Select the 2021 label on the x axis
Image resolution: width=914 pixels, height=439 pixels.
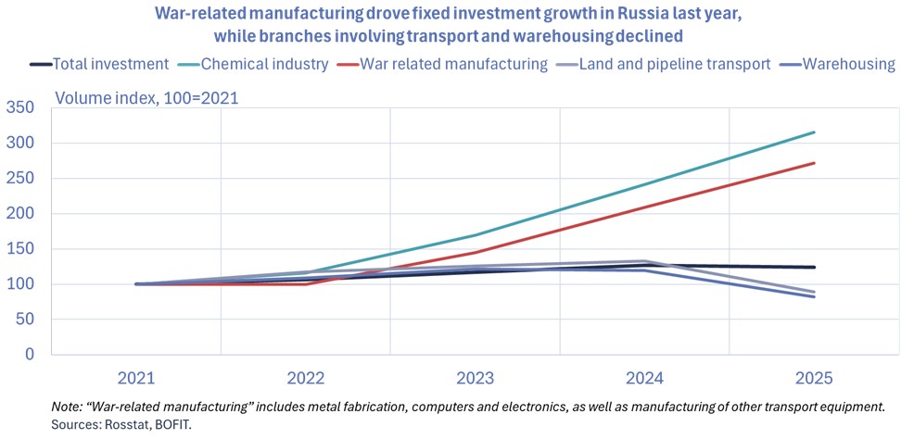(136, 378)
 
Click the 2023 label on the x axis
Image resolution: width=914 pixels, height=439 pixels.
(475, 378)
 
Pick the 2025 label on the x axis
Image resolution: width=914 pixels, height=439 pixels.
(814, 378)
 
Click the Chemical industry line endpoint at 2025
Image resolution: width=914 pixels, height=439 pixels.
(814, 132)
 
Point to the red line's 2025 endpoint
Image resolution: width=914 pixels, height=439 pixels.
(814, 163)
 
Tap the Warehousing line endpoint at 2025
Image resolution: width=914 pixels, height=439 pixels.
(814, 296)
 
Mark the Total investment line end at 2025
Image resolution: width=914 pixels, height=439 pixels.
(814, 268)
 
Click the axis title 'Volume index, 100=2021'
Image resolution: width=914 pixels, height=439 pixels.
(147, 96)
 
